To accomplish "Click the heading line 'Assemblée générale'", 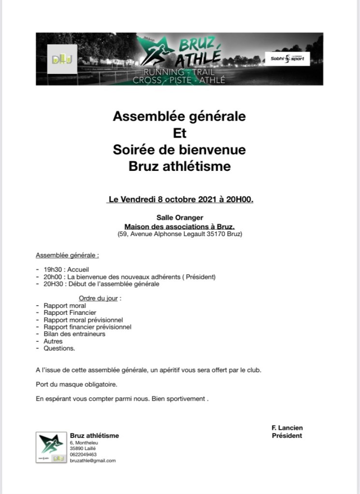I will click(x=179, y=117).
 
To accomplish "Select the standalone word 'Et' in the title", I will click(x=179, y=133).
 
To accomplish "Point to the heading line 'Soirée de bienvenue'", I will click(x=179, y=150).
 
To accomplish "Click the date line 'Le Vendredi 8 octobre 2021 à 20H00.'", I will click(x=180, y=199).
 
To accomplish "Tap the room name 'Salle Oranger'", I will click(x=179, y=218).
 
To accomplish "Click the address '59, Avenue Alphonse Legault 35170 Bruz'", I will click(x=180, y=234).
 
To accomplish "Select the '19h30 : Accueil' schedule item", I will click(x=66, y=269).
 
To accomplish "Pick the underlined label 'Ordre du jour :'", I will click(x=100, y=298).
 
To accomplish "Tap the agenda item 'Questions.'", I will click(x=59, y=348).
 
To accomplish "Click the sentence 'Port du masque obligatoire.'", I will click(x=76, y=385).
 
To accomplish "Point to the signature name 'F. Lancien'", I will click(x=287, y=428).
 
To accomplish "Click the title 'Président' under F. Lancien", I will click(x=287, y=436).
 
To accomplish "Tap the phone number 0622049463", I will click(x=83, y=454).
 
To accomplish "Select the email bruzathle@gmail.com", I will click(x=93, y=461).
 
